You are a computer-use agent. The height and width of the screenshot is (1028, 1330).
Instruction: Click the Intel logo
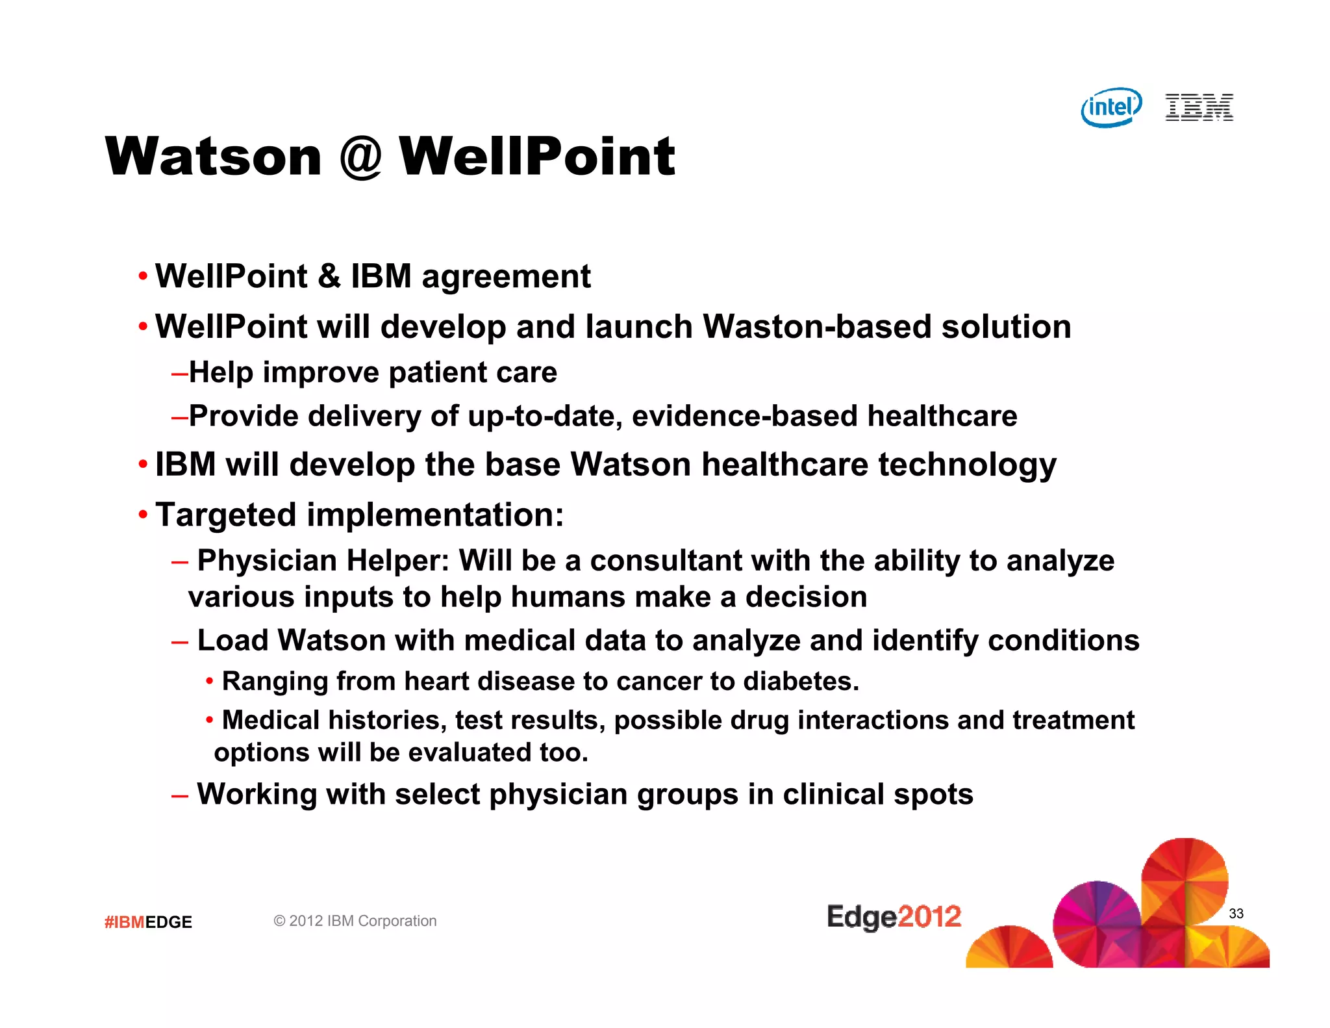pyautogui.click(x=1111, y=107)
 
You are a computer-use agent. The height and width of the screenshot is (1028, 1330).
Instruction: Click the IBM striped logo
pyautogui.click(x=1199, y=107)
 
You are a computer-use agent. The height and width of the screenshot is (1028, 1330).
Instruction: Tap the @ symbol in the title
pyautogui.click(x=360, y=157)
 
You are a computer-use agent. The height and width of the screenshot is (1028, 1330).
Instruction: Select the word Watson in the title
pyautogui.click(x=214, y=157)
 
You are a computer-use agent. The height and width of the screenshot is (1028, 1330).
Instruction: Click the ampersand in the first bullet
pyautogui.click(x=329, y=276)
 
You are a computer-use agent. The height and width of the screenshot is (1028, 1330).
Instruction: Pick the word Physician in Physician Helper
pyautogui.click(x=266, y=561)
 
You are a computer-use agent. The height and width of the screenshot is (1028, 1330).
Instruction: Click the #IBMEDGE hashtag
pyautogui.click(x=148, y=922)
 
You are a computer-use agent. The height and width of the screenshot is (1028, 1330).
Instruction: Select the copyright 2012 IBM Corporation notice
pyautogui.click(x=355, y=921)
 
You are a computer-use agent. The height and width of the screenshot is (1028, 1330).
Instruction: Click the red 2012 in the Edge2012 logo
pyautogui.click(x=929, y=916)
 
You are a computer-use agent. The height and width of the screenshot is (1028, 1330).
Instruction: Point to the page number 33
pyautogui.click(x=1236, y=914)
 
